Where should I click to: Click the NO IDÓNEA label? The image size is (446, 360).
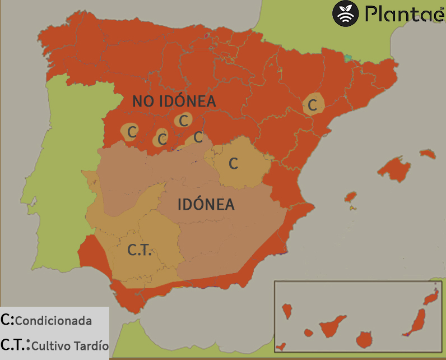pyautogui.click(x=174, y=101)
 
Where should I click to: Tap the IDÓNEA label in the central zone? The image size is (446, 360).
pyautogui.click(x=206, y=205)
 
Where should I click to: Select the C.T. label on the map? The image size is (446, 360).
pyautogui.click(x=139, y=250)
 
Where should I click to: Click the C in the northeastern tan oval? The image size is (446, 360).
pyautogui.click(x=313, y=104)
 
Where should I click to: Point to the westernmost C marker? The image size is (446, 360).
pyautogui.click(x=132, y=132)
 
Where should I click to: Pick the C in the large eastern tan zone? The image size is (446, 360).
pyautogui.click(x=234, y=164)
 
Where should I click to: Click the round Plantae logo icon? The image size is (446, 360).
pyautogui.click(x=346, y=13)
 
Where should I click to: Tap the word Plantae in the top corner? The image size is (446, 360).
pyautogui.click(x=403, y=13)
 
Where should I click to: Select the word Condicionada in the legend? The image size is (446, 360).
pyautogui.click(x=53, y=321)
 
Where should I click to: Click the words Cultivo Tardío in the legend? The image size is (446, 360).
pyautogui.click(x=69, y=345)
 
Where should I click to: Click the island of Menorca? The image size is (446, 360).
pyautogui.click(x=427, y=153)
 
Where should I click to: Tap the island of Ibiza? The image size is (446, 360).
pyautogui.click(x=351, y=197)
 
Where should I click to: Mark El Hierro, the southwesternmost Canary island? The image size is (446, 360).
pyautogui.click(x=281, y=347)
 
